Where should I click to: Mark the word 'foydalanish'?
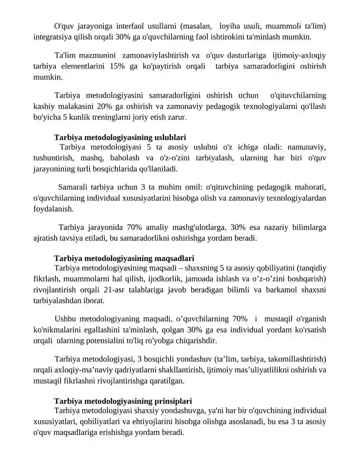point(51,209)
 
